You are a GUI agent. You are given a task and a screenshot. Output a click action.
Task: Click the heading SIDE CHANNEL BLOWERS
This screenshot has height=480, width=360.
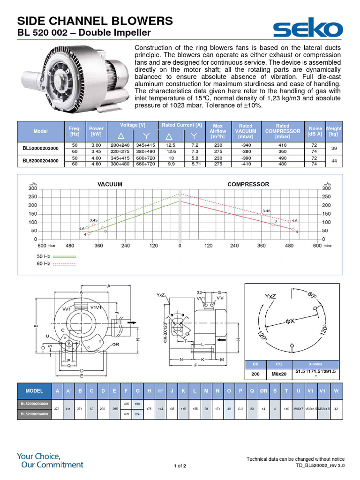95,21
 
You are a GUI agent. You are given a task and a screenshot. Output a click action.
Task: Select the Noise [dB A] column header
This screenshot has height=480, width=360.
315,131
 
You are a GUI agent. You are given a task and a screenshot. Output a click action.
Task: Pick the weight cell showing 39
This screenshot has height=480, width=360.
334,148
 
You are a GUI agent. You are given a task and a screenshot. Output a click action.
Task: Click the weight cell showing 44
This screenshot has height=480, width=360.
334,161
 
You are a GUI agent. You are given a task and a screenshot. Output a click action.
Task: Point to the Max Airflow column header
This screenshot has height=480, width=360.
217,131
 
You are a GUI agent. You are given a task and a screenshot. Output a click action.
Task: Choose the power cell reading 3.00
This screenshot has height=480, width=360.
96,145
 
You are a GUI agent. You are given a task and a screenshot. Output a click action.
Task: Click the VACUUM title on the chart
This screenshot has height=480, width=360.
110,184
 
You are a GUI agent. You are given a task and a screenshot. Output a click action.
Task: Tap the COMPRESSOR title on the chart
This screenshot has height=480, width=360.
248,184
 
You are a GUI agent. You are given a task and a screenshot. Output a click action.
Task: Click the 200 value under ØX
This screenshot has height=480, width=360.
255,374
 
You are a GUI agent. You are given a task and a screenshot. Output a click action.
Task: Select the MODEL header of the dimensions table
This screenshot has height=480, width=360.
34,390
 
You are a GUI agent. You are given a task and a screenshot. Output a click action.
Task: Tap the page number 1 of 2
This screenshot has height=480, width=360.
180,466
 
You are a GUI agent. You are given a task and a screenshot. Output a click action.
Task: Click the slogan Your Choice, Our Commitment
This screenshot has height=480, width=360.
50,460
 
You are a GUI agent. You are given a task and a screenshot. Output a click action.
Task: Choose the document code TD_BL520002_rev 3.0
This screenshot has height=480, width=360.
320,465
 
